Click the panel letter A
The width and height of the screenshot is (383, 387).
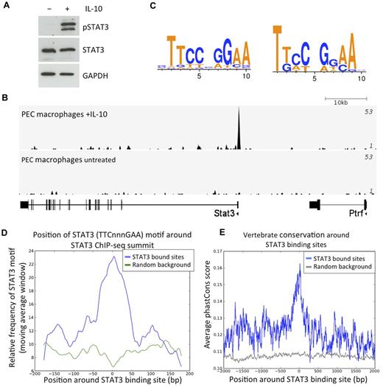7,7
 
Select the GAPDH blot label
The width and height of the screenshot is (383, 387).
96,74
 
